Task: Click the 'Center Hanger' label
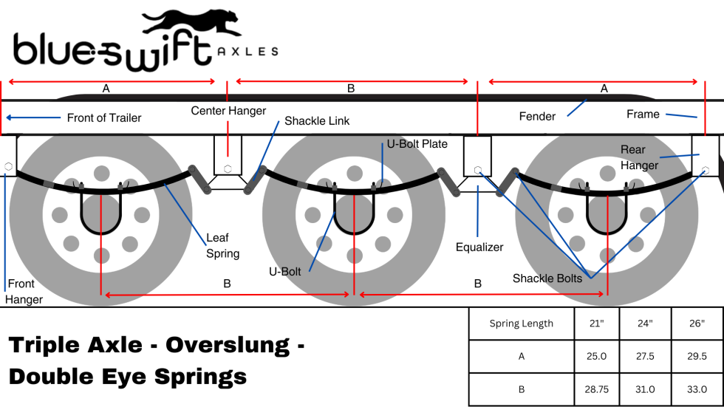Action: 228,111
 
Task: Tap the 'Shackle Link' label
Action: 317,121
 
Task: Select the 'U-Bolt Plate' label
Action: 417,144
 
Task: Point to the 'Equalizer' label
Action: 479,247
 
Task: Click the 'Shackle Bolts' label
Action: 547,278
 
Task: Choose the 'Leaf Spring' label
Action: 222,247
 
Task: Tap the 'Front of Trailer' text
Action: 103,117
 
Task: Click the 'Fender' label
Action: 537,116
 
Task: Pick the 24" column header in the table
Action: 645,324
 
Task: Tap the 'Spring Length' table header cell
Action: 521,324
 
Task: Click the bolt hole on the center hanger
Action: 228,168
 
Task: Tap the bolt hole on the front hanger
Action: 7,166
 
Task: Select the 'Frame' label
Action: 643,114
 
